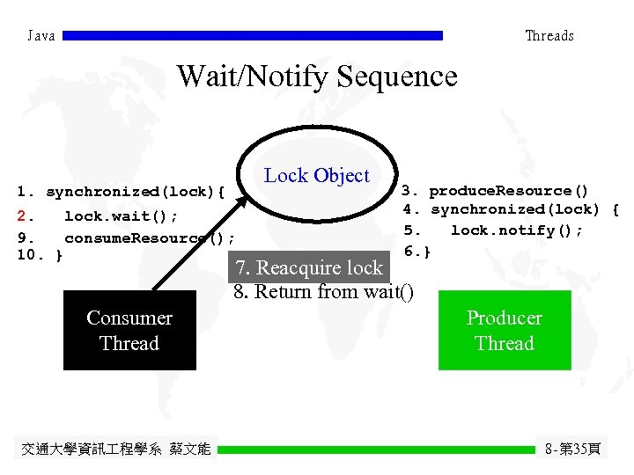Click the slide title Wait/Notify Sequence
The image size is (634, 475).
point(317,77)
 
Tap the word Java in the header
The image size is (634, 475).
point(41,36)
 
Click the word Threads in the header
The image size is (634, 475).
point(549,36)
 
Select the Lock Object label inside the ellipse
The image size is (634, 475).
point(317,175)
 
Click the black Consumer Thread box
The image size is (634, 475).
point(129,331)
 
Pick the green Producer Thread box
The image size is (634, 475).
point(505,331)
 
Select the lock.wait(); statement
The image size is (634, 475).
point(121,216)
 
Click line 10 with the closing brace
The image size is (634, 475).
point(40,255)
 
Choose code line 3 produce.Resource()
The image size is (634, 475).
point(496,191)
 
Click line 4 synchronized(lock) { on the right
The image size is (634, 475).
point(511,209)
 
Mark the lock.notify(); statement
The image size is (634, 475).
point(516,230)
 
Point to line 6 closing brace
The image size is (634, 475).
point(417,252)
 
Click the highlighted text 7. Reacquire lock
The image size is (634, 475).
point(308,268)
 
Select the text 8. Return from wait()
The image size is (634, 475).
point(323,292)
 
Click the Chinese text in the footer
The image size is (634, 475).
point(115,449)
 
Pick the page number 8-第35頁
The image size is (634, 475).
point(572,449)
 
